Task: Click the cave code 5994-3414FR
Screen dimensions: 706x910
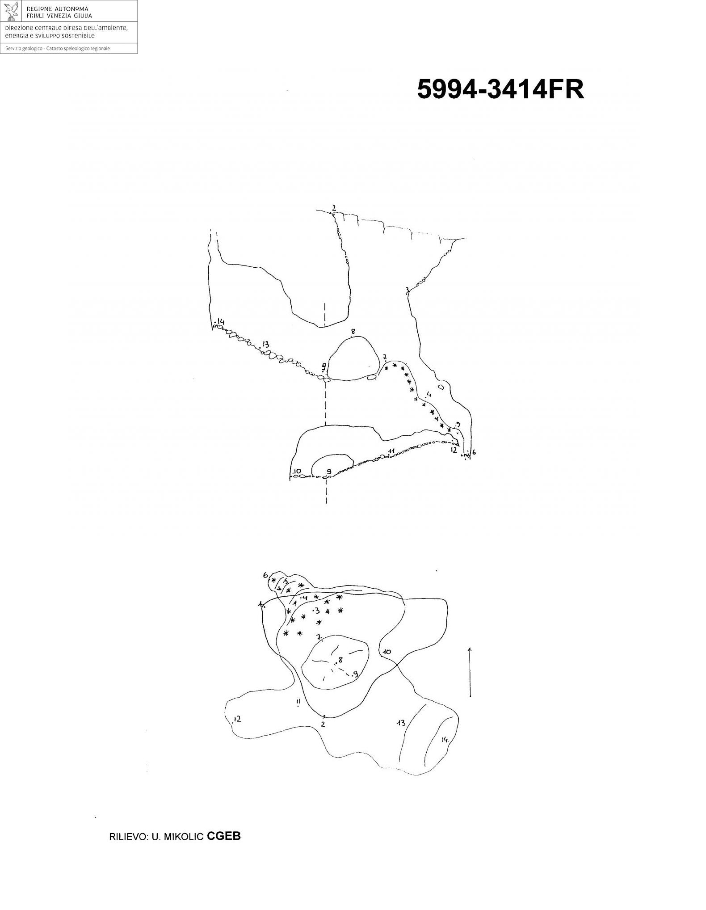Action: point(500,89)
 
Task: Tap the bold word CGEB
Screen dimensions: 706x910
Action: point(224,836)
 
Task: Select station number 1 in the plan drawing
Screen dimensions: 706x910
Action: point(261,604)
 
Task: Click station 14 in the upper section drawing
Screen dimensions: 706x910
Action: point(221,322)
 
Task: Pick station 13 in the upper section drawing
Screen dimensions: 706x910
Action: point(265,344)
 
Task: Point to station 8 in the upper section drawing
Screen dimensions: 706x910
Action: point(353,332)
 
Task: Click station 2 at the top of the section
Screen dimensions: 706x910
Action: point(334,208)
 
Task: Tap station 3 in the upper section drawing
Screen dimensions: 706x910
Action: point(407,290)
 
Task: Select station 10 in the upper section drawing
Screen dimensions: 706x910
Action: point(297,471)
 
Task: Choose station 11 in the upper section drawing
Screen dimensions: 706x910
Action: point(391,451)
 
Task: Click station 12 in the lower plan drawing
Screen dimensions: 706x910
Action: point(237,719)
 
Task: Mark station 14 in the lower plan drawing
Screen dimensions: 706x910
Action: point(445,739)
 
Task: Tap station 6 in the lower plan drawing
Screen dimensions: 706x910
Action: point(265,575)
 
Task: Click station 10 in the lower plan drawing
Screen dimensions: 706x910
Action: point(387,652)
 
